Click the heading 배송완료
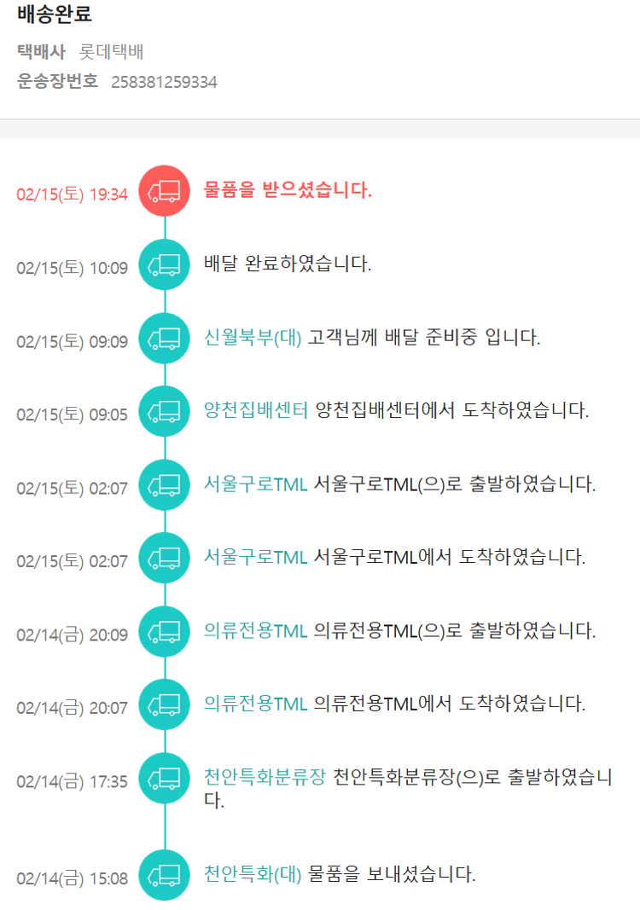pyautogui.click(x=55, y=14)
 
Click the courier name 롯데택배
pyautogui.click(x=111, y=52)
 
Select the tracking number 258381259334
pyautogui.click(x=164, y=83)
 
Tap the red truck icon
pyautogui.click(x=165, y=191)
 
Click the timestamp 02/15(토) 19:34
pyautogui.click(x=72, y=194)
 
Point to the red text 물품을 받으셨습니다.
pyautogui.click(x=288, y=190)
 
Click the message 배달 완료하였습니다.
pyautogui.click(x=288, y=264)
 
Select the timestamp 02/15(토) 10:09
pyautogui.click(x=72, y=269)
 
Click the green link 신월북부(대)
pyautogui.click(x=253, y=337)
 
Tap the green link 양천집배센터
pyautogui.click(x=256, y=410)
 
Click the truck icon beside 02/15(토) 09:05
pyautogui.click(x=165, y=412)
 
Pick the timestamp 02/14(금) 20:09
pyautogui.click(x=72, y=635)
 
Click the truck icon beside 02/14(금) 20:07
pyautogui.click(x=165, y=704)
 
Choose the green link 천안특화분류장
pyautogui.click(x=265, y=777)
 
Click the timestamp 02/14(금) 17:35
pyautogui.click(x=72, y=782)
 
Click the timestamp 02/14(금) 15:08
pyautogui.click(x=72, y=878)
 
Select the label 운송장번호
pyautogui.click(x=58, y=82)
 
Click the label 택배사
pyautogui.click(x=41, y=52)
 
